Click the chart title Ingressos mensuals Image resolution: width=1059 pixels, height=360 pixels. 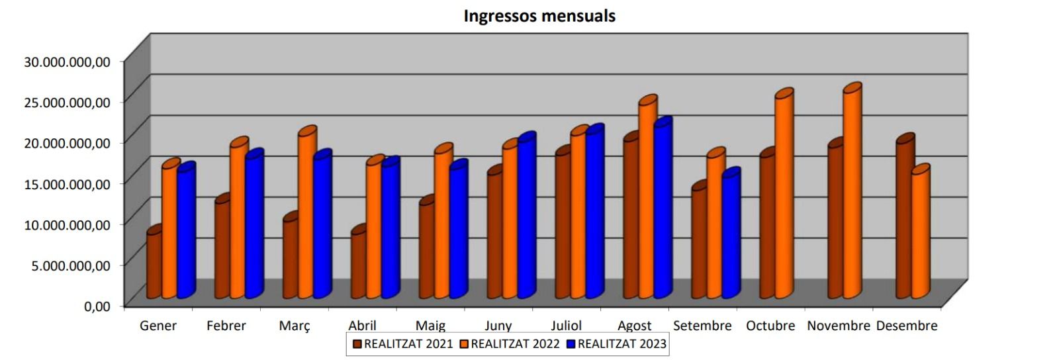coord(539,16)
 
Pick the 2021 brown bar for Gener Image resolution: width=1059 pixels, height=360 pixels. coord(154,265)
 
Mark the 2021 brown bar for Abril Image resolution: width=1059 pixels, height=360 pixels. coord(358,265)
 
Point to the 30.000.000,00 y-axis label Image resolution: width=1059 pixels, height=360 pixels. coord(67,62)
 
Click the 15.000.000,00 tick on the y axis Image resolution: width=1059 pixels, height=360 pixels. coord(67,183)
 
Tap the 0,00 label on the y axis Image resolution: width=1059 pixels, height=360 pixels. coord(97,306)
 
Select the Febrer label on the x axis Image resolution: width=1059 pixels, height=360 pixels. coord(226,326)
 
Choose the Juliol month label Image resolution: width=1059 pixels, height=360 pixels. coord(566,326)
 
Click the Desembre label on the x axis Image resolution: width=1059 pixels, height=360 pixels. coord(906,326)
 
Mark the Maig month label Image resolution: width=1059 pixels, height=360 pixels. coord(430,326)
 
